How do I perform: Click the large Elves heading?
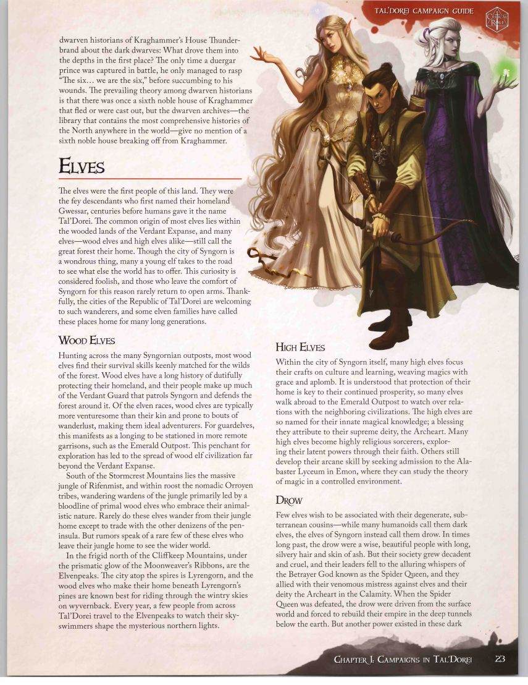(82, 166)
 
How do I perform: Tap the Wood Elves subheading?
(86, 341)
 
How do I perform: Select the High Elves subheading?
(300, 347)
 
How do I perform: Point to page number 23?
(500, 658)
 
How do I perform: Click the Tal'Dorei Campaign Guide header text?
(424, 11)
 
